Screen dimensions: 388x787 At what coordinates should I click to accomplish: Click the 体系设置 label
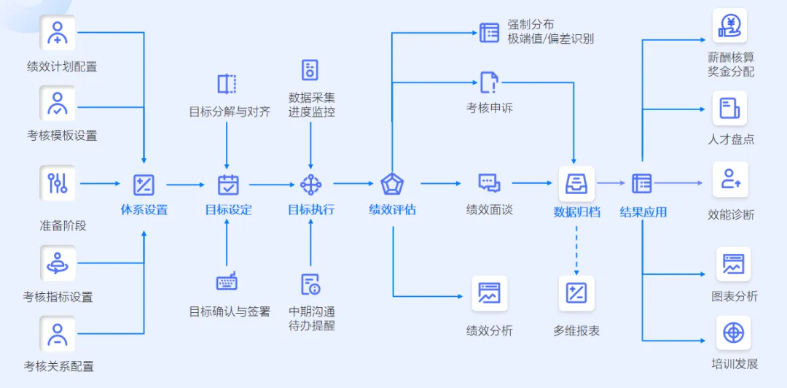144,210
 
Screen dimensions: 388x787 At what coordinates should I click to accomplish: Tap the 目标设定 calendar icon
228,185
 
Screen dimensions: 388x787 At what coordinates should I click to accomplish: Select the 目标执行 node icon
311,185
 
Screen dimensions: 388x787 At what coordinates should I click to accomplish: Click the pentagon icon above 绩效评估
392,184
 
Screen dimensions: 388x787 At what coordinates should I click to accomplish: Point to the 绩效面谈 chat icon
489,183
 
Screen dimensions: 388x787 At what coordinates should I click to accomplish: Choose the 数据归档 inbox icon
576,184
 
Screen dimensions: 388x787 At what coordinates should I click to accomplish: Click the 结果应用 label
643,212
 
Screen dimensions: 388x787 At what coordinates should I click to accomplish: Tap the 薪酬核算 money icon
730,27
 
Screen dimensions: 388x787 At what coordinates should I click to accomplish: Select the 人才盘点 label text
731,139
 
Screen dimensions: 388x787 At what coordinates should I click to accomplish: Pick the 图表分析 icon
733,265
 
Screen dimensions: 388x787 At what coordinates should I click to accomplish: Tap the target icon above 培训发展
733,333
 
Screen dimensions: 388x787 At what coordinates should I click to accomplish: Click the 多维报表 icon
576,294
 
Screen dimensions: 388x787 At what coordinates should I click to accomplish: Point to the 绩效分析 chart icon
489,294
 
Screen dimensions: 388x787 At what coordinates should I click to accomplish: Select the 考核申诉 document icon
489,82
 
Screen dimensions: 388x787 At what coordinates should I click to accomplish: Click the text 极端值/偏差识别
550,39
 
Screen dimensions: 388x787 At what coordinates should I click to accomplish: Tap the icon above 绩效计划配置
58,33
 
